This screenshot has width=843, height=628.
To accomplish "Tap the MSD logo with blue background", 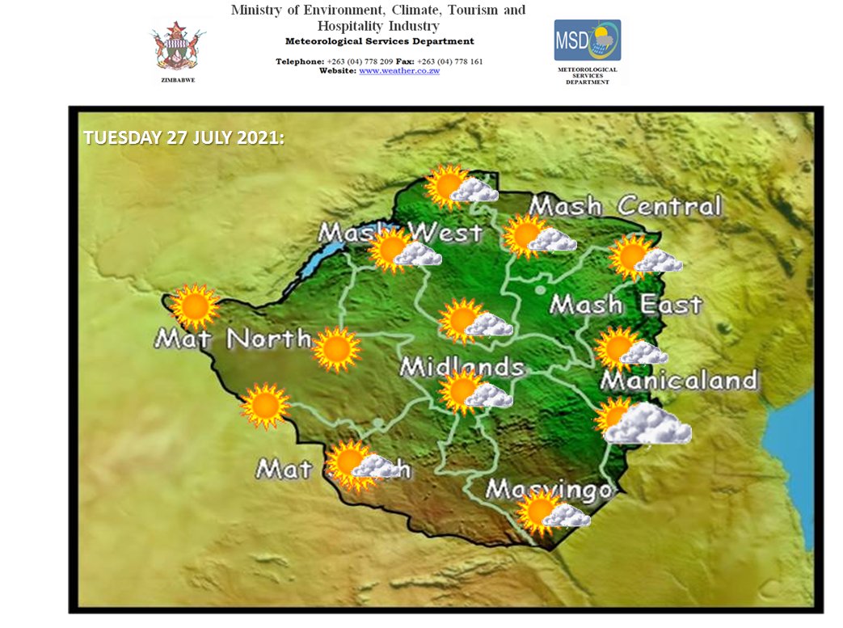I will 587,40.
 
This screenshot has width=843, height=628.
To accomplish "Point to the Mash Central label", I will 624,206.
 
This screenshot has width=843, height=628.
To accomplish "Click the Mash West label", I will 400,234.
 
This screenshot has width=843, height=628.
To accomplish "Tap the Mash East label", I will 626,305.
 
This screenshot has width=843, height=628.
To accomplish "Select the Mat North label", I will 232,338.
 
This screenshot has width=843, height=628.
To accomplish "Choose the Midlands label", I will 462,367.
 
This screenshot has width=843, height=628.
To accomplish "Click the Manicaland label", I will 680,380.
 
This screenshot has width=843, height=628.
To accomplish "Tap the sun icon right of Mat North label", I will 336,349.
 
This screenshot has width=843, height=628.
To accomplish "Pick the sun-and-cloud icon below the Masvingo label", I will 553,513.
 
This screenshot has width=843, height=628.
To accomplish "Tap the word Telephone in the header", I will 300,61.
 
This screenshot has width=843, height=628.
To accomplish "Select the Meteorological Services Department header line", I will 380,41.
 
